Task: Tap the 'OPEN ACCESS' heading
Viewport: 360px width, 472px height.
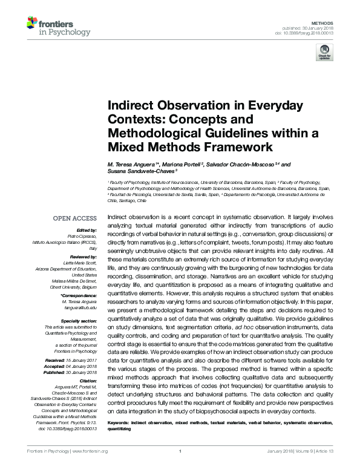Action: coord(76,218)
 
